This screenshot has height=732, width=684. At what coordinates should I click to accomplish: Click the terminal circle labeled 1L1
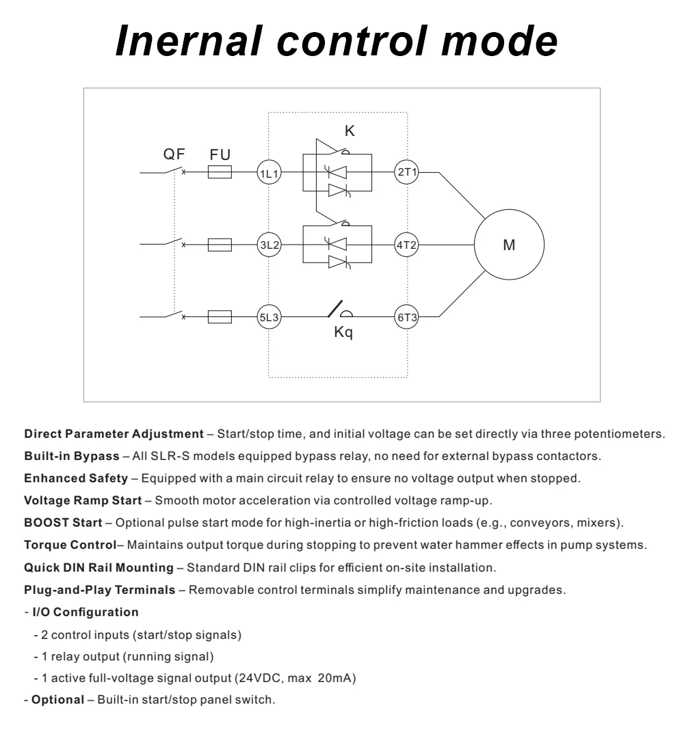point(268,173)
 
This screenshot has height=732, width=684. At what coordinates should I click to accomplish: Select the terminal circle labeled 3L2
point(268,244)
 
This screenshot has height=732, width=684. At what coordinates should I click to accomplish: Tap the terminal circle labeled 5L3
point(268,316)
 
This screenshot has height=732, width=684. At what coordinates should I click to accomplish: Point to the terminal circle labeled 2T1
point(407,173)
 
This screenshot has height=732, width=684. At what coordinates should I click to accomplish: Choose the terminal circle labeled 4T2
point(407,244)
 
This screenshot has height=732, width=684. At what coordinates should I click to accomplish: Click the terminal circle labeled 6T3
point(407,316)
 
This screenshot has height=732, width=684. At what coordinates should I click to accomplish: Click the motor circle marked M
point(509,245)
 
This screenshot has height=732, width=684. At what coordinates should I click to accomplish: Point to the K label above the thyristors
point(350,132)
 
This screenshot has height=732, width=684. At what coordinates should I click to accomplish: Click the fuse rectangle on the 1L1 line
point(220,173)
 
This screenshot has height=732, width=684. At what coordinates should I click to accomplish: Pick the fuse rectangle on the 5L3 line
point(220,316)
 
